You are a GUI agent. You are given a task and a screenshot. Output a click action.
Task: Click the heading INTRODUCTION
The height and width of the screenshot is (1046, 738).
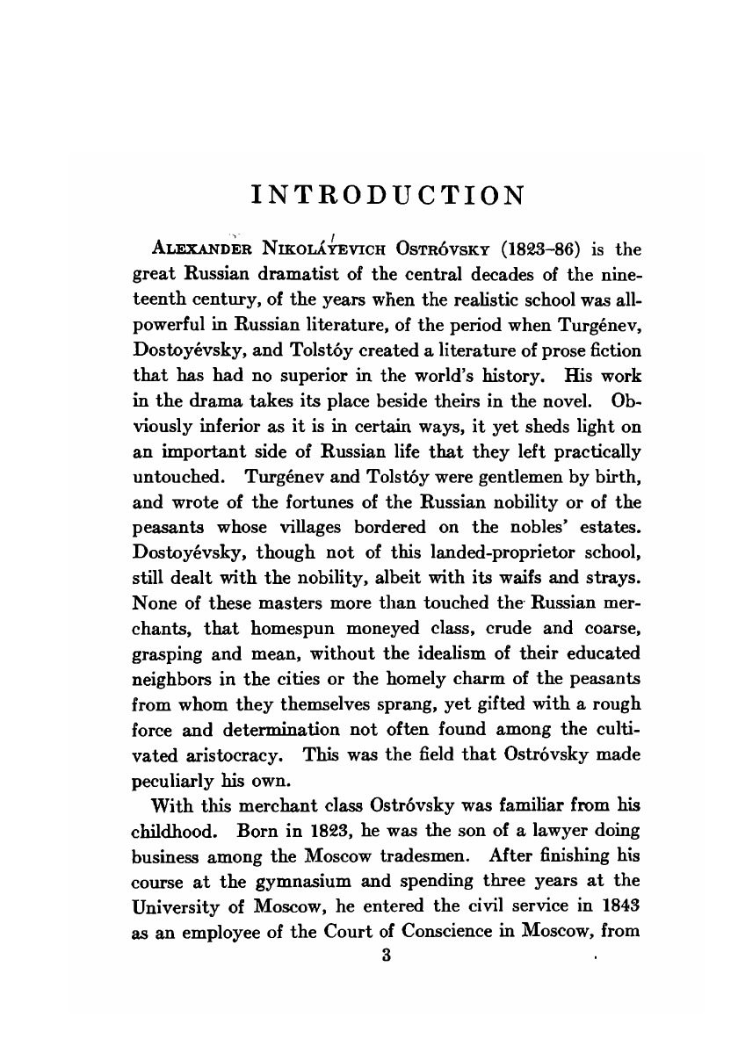(x=387, y=193)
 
